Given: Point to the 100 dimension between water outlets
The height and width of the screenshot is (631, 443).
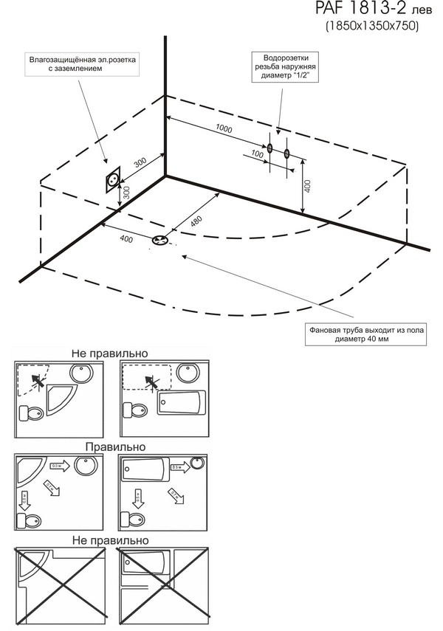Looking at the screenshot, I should tap(257, 154).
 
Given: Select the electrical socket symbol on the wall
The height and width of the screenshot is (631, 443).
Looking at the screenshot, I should tap(113, 179).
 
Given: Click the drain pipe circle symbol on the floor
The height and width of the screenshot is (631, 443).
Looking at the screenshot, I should tap(159, 240).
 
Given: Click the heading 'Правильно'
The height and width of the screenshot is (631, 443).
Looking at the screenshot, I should tap(114, 446).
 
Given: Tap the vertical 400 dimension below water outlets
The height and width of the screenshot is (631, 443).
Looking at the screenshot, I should tap(306, 187).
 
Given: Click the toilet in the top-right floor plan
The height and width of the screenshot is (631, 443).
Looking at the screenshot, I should tap(135, 408).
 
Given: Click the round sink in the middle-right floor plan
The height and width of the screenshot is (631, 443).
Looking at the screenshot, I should tap(196, 464).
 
